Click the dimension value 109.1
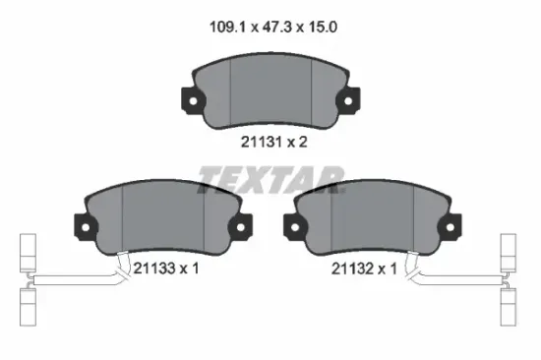point(228,27)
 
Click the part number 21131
point(261,142)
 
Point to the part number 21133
point(153,268)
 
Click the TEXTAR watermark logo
point(271,179)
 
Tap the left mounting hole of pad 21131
point(193,101)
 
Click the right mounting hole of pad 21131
point(348,101)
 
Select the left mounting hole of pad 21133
point(86,227)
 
